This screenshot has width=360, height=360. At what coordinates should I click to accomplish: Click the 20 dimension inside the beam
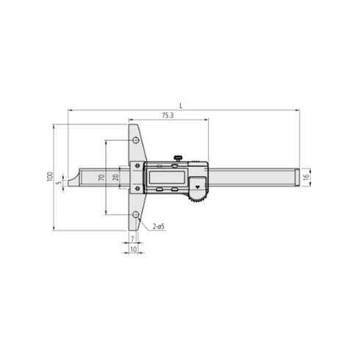(x=115, y=177)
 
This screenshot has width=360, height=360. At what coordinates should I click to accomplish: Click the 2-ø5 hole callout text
(x=159, y=227)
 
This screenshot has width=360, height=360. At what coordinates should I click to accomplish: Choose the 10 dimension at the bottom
(x=133, y=251)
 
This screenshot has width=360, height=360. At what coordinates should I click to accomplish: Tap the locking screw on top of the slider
(x=178, y=156)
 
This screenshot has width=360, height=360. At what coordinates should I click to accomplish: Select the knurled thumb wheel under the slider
(x=197, y=195)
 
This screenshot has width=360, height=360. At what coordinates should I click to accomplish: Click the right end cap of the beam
(x=297, y=177)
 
